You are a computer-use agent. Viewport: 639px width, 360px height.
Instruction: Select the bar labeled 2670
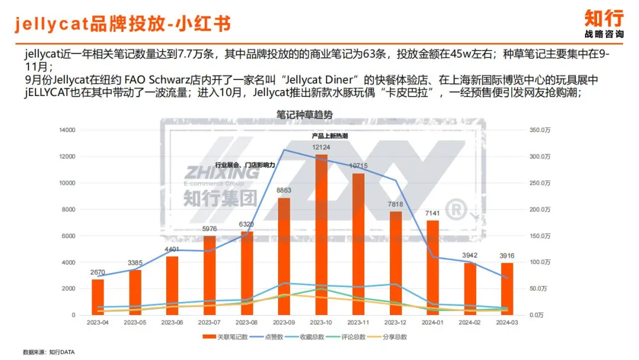[x=98, y=297]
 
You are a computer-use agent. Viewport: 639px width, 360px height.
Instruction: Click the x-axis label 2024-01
[x=433, y=323]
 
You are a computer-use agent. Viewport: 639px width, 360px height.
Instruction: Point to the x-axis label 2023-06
[x=172, y=323]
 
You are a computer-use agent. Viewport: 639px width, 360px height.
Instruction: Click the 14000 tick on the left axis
[x=67, y=130]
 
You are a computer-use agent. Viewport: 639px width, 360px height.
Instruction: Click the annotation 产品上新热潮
[x=330, y=136]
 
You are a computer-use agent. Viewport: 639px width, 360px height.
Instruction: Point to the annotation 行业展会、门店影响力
[x=245, y=165]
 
